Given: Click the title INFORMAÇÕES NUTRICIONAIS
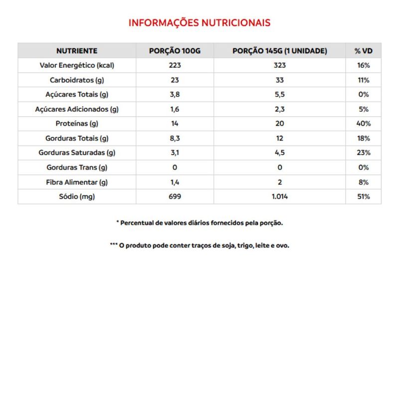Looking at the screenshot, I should pyautogui.click(x=199, y=23).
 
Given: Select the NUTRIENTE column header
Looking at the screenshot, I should pyautogui.click(x=76, y=51).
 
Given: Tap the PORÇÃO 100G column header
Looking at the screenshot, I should pyautogui.click(x=175, y=51).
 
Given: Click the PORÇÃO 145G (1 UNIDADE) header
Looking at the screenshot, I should pyautogui.click(x=279, y=51).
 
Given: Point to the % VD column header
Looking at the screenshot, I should pyautogui.click(x=363, y=51).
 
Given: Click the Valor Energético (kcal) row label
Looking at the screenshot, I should pyautogui.click(x=76, y=65).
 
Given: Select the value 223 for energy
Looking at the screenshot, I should pyautogui.click(x=175, y=65).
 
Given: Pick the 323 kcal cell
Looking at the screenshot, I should pyautogui.click(x=279, y=65).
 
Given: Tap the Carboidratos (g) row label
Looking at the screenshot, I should pyautogui.click(x=76, y=80).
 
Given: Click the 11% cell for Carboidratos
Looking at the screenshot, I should pyautogui.click(x=363, y=80).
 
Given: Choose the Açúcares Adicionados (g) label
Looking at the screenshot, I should pyautogui.click(x=76, y=109).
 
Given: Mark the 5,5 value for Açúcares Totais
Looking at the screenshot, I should pyautogui.click(x=279, y=95).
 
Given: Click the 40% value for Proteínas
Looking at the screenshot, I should pyautogui.click(x=363, y=124).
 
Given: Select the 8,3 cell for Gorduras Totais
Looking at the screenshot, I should pyautogui.click(x=175, y=138).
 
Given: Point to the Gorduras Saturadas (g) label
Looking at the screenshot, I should pyautogui.click(x=76, y=153).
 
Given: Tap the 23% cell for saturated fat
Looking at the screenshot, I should pyautogui.click(x=363, y=153).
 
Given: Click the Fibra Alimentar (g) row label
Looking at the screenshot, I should pyautogui.click(x=76, y=182).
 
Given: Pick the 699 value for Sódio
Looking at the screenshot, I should pyautogui.click(x=175, y=197).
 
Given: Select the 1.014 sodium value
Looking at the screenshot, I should pyautogui.click(x=279, y=197).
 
